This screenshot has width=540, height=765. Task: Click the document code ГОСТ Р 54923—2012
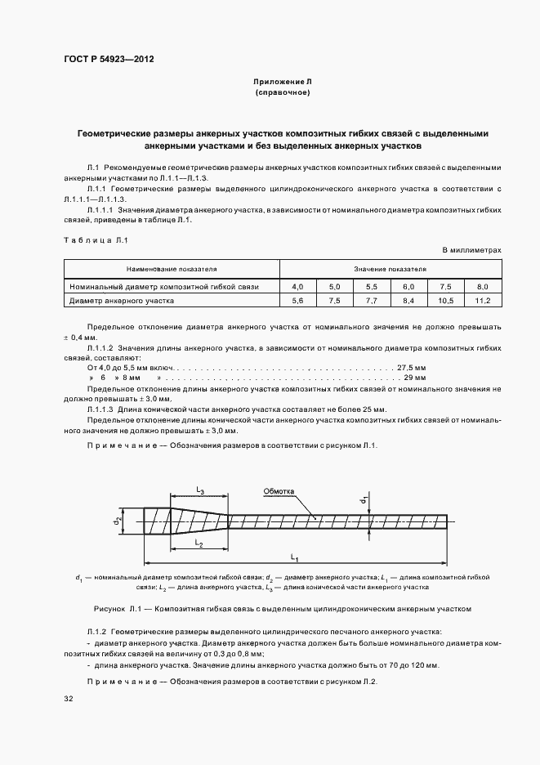109,59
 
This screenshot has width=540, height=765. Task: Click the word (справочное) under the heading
282,93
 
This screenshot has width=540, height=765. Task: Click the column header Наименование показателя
172,268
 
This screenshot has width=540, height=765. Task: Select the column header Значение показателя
390,268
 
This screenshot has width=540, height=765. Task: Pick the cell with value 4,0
297,287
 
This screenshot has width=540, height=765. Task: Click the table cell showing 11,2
482,301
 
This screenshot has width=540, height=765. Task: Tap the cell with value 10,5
445,301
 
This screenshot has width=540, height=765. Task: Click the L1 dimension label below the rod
294,558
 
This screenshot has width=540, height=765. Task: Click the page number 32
69,700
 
